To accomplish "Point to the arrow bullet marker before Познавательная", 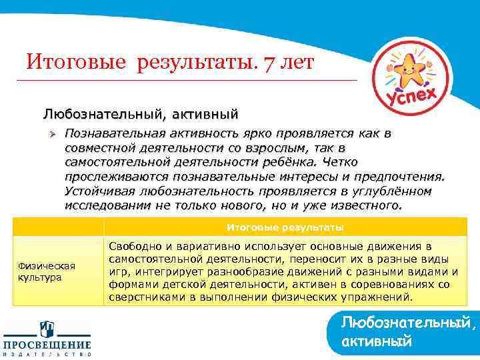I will point(51,133).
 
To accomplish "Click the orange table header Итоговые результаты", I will point(285,227).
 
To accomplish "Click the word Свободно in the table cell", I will point(133,247).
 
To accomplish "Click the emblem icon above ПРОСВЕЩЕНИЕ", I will point(47,329).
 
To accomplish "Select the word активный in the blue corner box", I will point(375,341).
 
